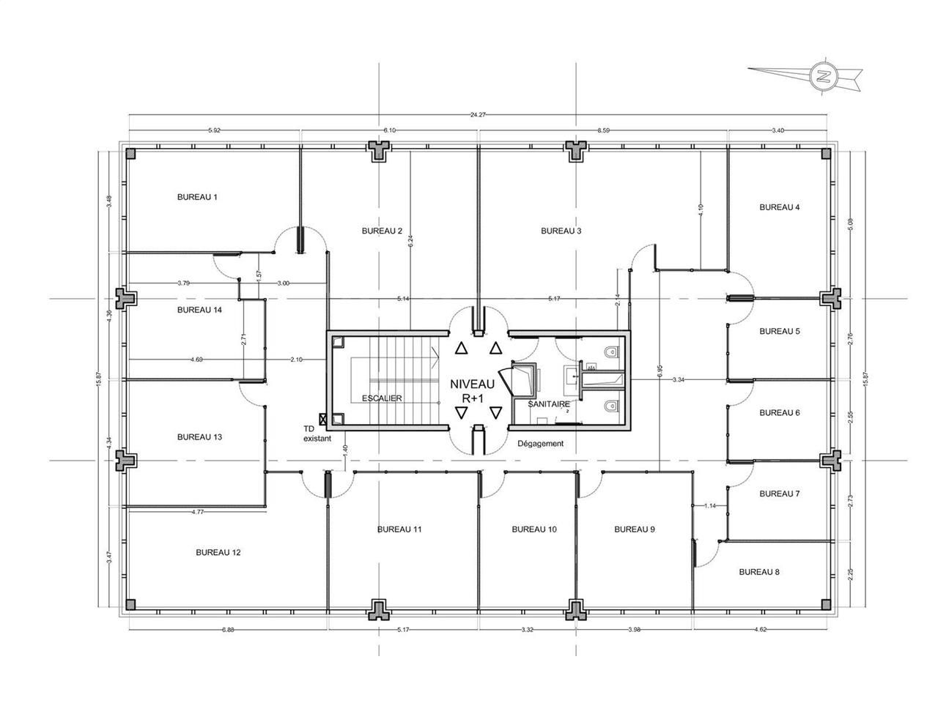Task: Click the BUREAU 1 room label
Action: [198, 197]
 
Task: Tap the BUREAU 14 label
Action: [199, 310]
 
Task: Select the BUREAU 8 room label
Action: [759, 571]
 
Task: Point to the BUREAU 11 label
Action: [399, 529]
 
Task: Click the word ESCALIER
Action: [382, 398]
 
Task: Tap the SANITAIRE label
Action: [549, 403]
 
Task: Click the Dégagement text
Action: [540, 444]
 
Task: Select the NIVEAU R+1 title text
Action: [472, 391]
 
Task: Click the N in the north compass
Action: [824, 75]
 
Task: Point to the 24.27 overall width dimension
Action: [479, 114]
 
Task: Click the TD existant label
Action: [317, 434]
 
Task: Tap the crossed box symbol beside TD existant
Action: [325, 423]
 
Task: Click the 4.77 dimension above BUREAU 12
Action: [196, 512]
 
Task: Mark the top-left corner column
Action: [130, 154]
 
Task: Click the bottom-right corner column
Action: [826, 604]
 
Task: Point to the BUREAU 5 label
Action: [779, 331]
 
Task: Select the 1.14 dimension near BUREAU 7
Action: [709, 506]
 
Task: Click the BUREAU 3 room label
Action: [561, 231]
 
